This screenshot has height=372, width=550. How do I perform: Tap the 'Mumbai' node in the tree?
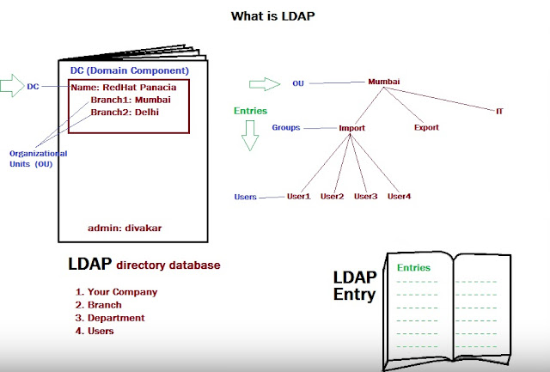click(384, 82)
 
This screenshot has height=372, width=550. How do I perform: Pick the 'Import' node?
click(351, 128)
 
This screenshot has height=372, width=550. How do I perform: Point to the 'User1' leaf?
click(298, 197)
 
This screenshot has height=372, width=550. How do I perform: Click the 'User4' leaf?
click(399, 197)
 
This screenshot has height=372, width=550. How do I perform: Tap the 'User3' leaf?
click(365, 197)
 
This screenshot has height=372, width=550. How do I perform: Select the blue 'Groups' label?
click(286, 127)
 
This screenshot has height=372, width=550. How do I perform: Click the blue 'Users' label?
click(246, 197)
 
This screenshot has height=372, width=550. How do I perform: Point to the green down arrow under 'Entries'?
click(251, 136)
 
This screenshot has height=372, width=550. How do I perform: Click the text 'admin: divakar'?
click(125, 228)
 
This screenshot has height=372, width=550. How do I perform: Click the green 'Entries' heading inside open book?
click(413, 267)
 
